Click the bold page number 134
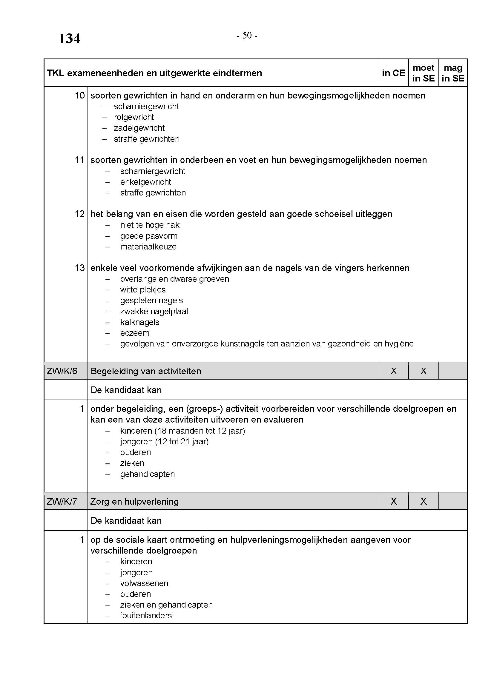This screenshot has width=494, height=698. tap(69, 38)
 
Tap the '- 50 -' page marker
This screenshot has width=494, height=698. tap(247, 36)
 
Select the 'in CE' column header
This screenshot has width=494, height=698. tap(393, 73)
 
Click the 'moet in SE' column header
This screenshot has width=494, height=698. tap(423, 73)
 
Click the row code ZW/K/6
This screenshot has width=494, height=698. tap(62, 371)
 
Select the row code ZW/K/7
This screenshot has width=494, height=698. tap(62, 501)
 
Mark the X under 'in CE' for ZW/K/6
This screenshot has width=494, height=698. tap(393, 371)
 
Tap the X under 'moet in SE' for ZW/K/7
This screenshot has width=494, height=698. tap(423, 501)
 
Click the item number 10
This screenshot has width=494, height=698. tap(80, 95)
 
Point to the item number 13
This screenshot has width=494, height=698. tap(80, 268)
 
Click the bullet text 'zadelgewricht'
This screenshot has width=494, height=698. tap(139, 128)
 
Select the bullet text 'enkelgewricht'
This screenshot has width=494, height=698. tap(145, 182)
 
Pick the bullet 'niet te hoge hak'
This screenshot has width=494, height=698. tap(150, 225)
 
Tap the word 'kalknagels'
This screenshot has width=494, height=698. tap(139, 322)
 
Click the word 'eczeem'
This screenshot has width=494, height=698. tap(135, 333)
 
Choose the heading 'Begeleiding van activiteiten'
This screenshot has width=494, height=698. tap(146, 371)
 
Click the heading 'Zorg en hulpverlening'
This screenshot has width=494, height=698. tap(134, 502)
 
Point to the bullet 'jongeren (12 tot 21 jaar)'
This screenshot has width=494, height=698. tap(164, 441)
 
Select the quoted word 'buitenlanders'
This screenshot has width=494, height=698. tap(147, 615)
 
